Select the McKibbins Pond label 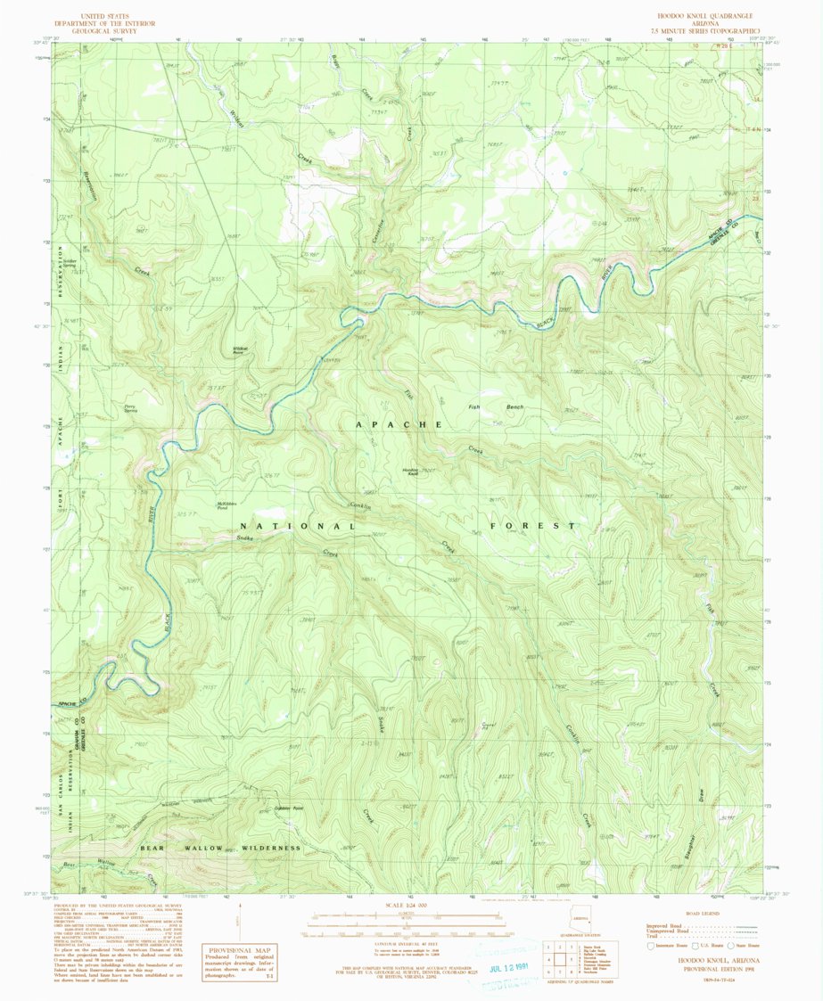227,505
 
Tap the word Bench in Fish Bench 514,407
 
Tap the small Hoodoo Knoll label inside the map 411,471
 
